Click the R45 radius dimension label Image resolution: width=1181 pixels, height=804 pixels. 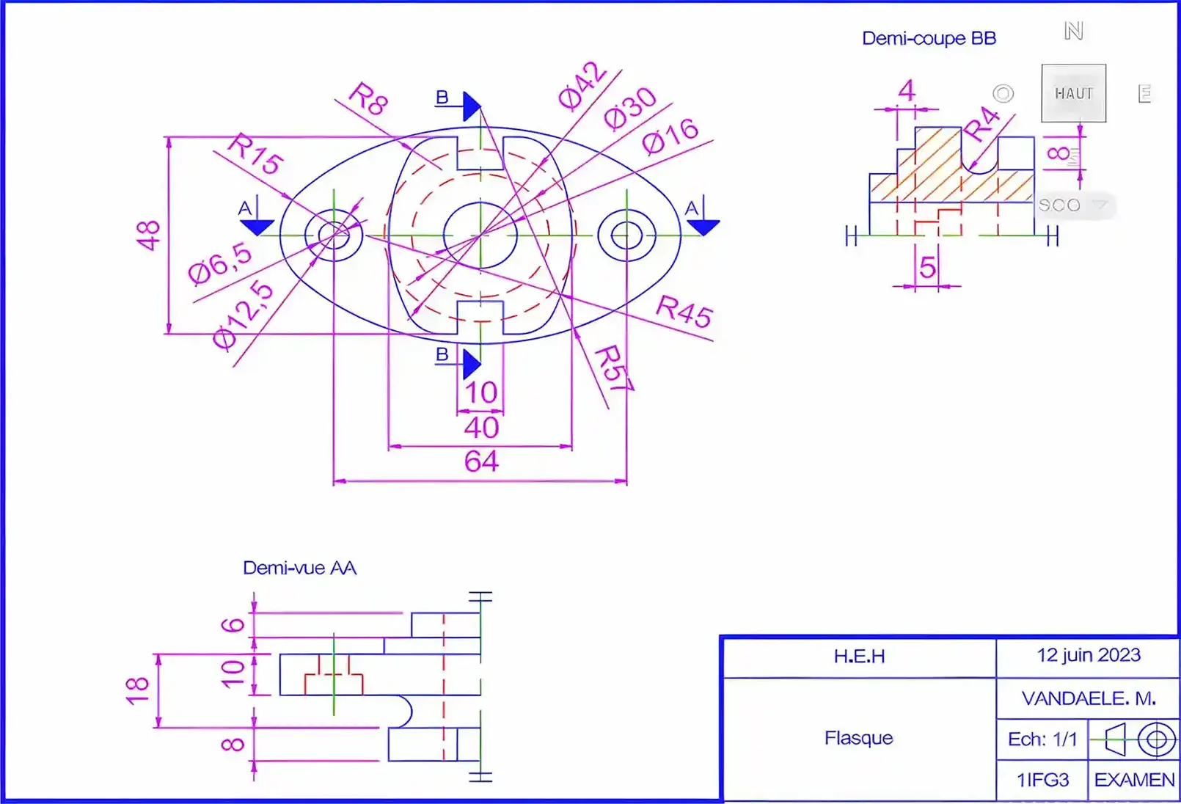pyautogui.click(x=684, y=310)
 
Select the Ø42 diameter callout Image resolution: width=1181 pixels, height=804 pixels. pyautogui.click(x=582, y=85)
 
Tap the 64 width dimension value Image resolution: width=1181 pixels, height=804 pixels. pyautogui.click(x=481, y=461)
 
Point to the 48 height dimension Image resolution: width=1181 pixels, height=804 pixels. pyautogui.click(x=148, y=235)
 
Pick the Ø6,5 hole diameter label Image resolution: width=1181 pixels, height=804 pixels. pyautogui.click(x=220, y=263)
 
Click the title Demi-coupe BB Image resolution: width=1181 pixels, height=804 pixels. pyautogui.click(x=929, y=38)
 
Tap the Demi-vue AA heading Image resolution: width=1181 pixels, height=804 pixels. pyautogui.click(x=299, y=568)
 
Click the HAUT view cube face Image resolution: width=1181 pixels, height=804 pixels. pyautogui.click(x=1073, y=93)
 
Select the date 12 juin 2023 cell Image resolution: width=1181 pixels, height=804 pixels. pyautogui.click(x=1088, y=655)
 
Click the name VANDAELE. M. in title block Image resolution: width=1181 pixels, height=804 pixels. pyautogui.click(x=1088, y=698)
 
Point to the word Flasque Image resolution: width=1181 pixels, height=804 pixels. pyautogui.click(x=858, y=737)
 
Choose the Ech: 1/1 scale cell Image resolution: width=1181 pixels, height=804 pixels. pyautogui.click(x=1042, y=739)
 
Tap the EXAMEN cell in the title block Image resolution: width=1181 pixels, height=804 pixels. pyautogui.click(x=1134, y=780)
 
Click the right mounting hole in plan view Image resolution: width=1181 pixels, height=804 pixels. pyautogui.click(x=626, y=235)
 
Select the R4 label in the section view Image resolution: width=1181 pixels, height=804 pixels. pyautogui.click(x=981, y=123)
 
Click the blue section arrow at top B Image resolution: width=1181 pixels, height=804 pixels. pyautogui.click(x=472, y=107)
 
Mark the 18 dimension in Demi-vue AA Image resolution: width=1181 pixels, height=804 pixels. pyautogui.click(x=137, y=690)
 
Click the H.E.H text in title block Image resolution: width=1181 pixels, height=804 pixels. pyautogui.click(x=859, y=656)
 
